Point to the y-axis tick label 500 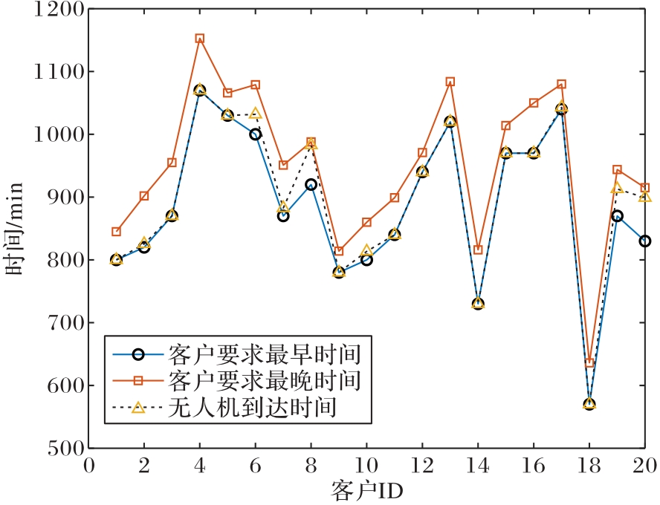[62, 449]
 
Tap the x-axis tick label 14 [478, 466]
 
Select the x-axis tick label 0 [88, 466]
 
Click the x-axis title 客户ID [366, 490]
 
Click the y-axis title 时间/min [16, 229]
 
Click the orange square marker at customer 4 [200, 39]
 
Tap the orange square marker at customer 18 [589, 363]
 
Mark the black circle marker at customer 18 [589, 404]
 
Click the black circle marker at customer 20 [645, 241]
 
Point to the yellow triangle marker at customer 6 [256, 114]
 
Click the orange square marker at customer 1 [116, 232]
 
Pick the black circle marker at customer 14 [478, 304]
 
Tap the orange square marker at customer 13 [450, 82]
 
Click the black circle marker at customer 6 [256, 134]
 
